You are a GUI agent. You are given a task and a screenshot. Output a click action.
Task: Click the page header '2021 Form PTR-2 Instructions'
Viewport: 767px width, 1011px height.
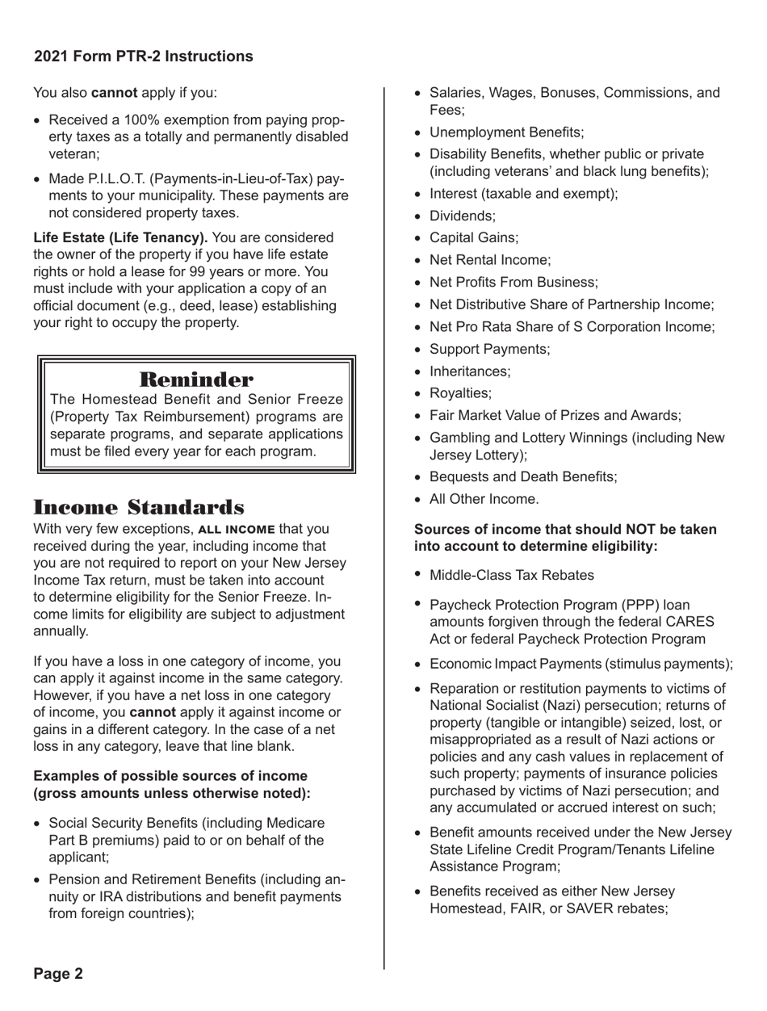(x=142, y=57)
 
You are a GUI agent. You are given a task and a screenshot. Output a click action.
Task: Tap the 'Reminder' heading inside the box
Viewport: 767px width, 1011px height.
(x=196, y=378)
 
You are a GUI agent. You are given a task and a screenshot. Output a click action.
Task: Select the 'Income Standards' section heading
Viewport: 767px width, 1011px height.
(x=139, y=508)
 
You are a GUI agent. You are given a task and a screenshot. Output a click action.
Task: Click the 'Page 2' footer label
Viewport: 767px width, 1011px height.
(x=57, y=972)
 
